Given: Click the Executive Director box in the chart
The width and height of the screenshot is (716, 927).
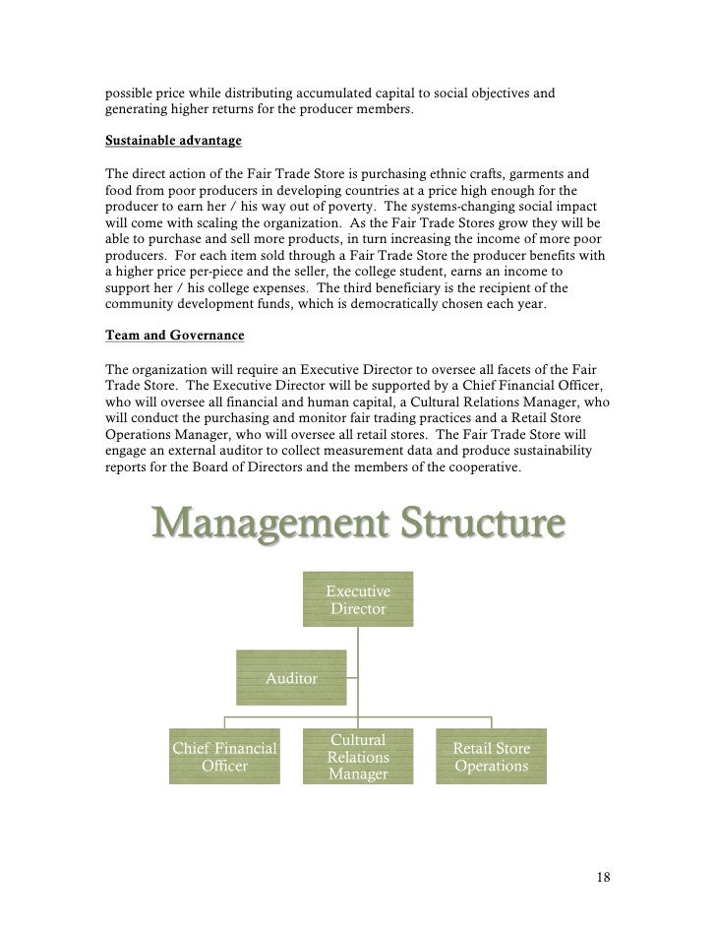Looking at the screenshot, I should point(358,599).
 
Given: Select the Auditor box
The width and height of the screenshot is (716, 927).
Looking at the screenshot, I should point(291,678).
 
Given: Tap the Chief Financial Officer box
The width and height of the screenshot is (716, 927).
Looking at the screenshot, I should point(224,756).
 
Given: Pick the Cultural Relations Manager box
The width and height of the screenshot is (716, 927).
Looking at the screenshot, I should point(358,757).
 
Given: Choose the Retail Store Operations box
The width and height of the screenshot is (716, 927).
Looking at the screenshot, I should point(491,756).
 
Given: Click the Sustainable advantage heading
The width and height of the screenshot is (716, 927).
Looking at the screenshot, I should point(166,142).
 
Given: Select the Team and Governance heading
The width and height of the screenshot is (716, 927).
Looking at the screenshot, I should point(174,336).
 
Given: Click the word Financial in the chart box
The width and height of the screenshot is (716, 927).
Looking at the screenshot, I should point(246,747).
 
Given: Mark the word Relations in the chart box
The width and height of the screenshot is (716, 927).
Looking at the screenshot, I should point(358,758).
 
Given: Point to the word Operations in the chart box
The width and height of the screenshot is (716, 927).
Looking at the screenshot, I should point(491,766).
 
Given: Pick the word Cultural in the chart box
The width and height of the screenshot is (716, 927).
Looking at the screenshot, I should point(358,739).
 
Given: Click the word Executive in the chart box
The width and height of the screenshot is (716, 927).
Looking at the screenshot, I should point(358,590).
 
